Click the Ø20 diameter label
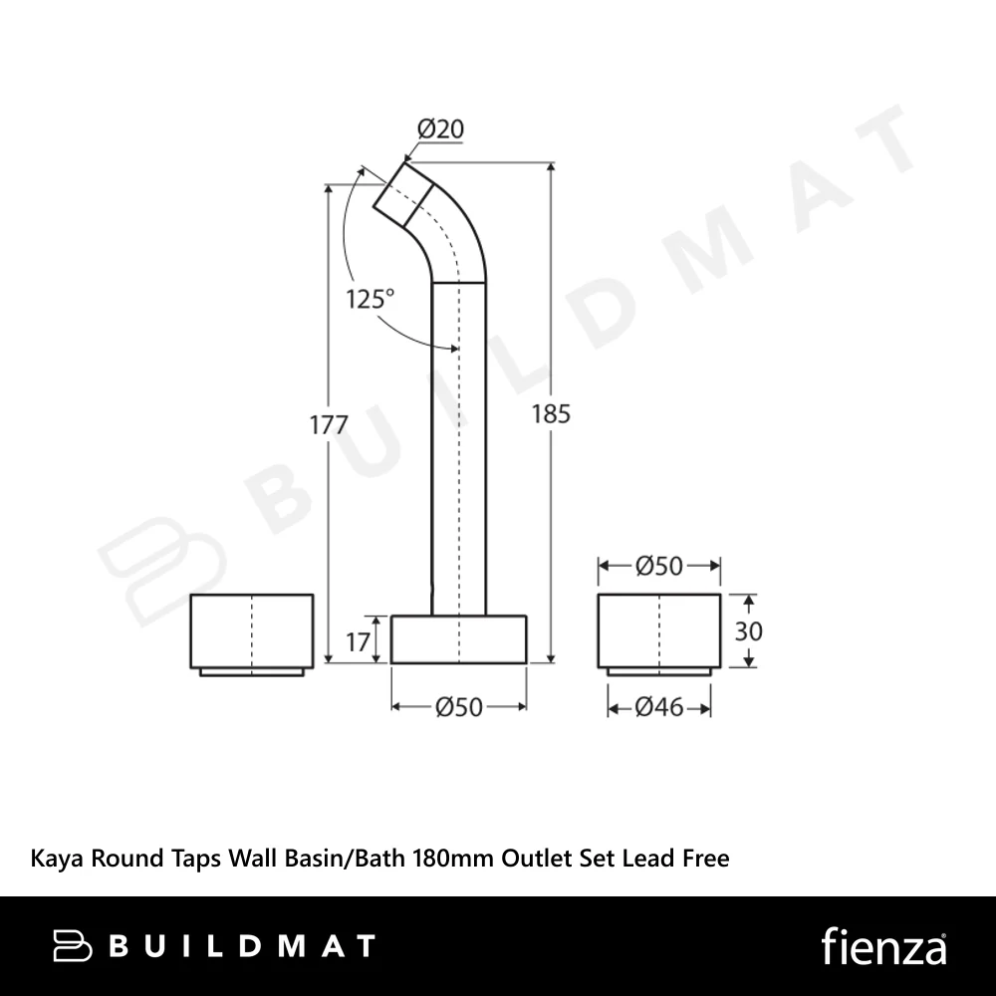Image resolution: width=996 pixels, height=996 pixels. point(440,128)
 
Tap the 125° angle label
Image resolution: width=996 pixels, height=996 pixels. point(370,299)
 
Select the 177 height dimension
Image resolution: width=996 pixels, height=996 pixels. point(329,425)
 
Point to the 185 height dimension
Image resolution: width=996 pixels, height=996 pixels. point(551,414)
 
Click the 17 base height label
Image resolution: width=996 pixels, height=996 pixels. point(358,642)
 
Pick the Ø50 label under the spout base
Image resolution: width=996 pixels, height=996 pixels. point(459,707)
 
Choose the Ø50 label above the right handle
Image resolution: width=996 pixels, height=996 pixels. point(659,566)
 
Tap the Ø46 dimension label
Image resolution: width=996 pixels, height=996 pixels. point(659,707)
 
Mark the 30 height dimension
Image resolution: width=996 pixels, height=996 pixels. point(748,631)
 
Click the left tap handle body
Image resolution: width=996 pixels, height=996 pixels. point(252,634)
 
